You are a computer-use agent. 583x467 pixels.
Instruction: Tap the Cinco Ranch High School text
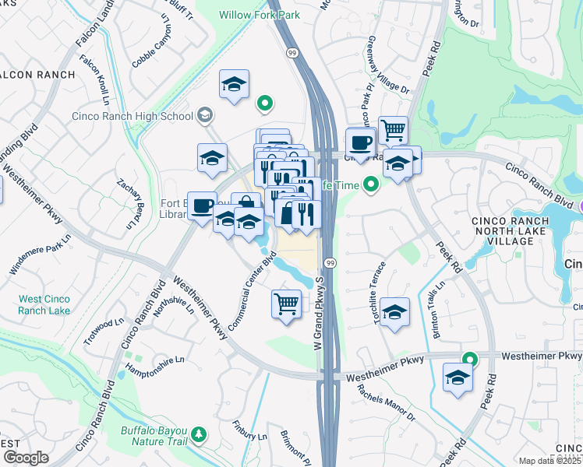click(132, 117)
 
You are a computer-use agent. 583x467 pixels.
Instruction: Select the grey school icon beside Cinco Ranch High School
click(205, 116)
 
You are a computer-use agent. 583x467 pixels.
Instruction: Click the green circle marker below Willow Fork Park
click(264, 103)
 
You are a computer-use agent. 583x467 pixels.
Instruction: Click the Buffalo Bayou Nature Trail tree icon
click(200, 434)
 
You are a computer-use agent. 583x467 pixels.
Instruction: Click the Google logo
click(25, 458)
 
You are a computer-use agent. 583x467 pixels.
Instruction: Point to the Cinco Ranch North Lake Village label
click(511, 231)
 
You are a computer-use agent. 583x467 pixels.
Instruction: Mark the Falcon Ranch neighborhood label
click(37, 75)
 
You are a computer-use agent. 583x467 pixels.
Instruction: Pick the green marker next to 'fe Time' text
click(371, 184)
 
